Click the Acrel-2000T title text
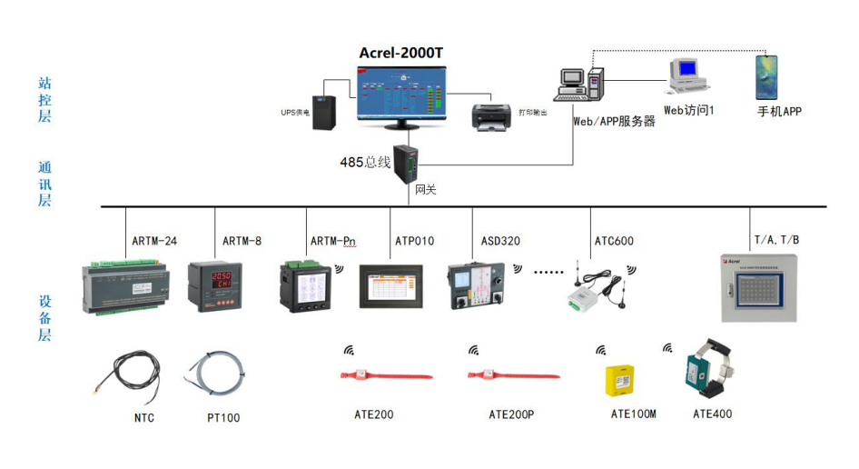coord(400,53)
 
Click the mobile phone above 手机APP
coord(766,77)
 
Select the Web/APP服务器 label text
coord(613,121)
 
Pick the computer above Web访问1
coord(686,76)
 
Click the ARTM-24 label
coord(154,242)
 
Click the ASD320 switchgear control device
coord(478,286)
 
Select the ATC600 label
coord(614,242)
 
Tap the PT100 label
coord(223,418)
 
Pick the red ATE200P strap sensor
coord(499,375)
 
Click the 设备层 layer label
coord(44,317)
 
